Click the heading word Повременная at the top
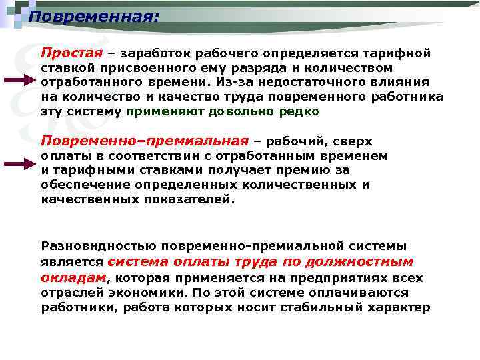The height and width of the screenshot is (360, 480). point(93,15)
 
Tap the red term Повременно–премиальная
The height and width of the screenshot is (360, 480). point(144,141)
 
